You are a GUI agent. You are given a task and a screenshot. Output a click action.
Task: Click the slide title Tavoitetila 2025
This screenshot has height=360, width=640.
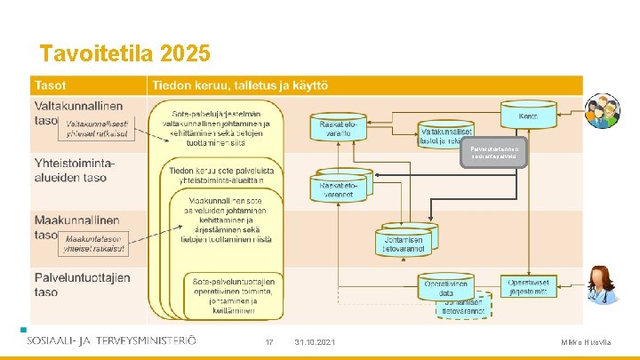pos(125,54)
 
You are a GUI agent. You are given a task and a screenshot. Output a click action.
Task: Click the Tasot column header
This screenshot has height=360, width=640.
pos(52,84)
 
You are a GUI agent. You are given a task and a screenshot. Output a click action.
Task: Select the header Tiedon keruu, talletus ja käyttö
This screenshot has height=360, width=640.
pos(241,84)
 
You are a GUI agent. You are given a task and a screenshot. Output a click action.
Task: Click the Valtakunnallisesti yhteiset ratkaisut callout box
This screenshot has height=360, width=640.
pos(96,130)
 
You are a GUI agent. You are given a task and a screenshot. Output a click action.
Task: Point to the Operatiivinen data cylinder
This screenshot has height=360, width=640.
pos(447,286)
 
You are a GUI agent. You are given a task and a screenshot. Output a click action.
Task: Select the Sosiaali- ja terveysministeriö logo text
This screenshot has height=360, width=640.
pos(111,340)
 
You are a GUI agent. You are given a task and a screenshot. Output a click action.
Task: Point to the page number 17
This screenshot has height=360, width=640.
pos(269,342)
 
